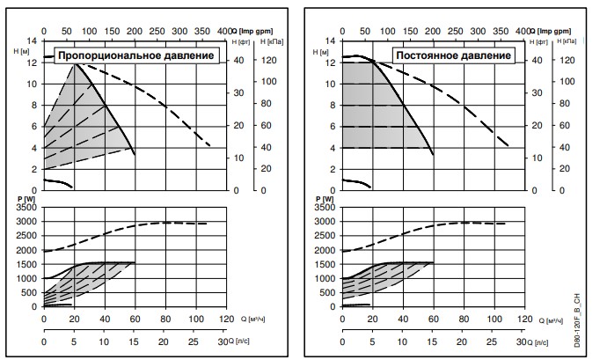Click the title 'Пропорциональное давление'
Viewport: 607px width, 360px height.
coord(136,56)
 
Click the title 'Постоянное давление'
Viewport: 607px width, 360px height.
coord(453,55)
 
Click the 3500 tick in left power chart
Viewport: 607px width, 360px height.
coord(26,208)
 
